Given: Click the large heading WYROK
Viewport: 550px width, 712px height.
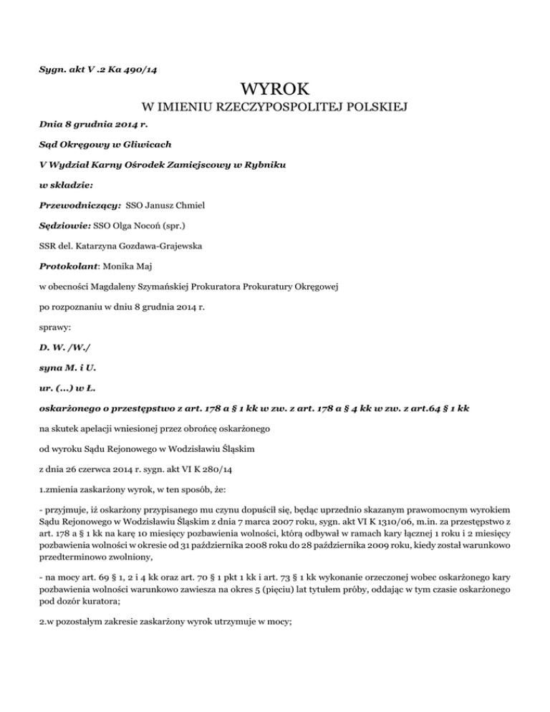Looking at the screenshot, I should point(275,90).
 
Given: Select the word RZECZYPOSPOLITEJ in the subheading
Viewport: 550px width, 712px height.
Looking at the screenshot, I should point(262,108).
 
